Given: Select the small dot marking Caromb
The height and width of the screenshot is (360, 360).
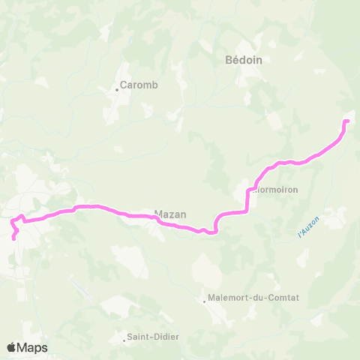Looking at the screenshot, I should (117, 90).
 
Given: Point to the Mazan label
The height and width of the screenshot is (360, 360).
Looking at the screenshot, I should (170, 213).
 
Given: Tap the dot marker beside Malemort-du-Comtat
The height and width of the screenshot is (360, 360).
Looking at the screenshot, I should (205, 302).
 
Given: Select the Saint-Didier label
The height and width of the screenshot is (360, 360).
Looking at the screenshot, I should (154, 337).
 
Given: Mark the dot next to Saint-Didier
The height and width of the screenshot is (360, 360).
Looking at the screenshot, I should (124, 340).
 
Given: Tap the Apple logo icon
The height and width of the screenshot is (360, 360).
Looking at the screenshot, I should (11, 347).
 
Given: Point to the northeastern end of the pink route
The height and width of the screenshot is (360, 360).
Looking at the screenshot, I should (346, 121).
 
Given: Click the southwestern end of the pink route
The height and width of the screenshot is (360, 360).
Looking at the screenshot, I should (14, 238).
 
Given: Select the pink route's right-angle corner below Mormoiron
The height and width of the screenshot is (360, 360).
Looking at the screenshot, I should (247, 211).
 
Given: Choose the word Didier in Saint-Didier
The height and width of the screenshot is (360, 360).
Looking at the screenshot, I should (165, 337).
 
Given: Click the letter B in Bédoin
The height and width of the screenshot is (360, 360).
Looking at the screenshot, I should (229, 61).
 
